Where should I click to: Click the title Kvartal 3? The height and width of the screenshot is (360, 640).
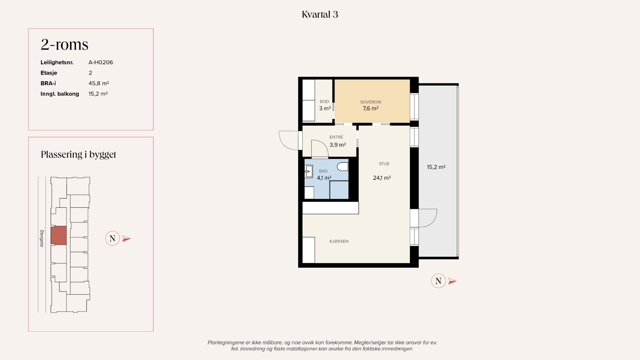click(320, 14)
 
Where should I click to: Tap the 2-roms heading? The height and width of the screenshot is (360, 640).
click(65, 44)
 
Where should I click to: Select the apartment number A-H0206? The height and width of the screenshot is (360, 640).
click(101, 62)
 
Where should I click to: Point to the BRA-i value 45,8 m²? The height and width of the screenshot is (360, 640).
click(99, 83)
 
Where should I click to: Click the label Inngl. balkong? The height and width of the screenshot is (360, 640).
click(60, 94)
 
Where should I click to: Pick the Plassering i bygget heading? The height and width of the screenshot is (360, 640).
click(78, 154)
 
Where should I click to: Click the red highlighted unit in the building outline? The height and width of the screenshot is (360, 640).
click(59, 235)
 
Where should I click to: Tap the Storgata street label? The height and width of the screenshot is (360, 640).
click(42, 238)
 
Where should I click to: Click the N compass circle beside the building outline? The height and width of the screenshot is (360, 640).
click(112, 238)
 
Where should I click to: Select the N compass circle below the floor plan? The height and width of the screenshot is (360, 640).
click(438, 281)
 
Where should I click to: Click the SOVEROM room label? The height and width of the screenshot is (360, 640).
click(370, 102)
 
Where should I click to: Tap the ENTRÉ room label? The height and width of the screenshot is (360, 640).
click(336, 137)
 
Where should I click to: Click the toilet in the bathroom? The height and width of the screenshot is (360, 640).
click(343, 167)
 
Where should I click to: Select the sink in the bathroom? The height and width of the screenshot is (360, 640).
click(309, 171)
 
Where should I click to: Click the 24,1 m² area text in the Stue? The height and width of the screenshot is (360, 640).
click(382, 178)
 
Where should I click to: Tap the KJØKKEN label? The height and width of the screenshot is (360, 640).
click(339, 241)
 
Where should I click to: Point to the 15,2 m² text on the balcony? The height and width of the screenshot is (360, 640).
click(436, 167)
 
